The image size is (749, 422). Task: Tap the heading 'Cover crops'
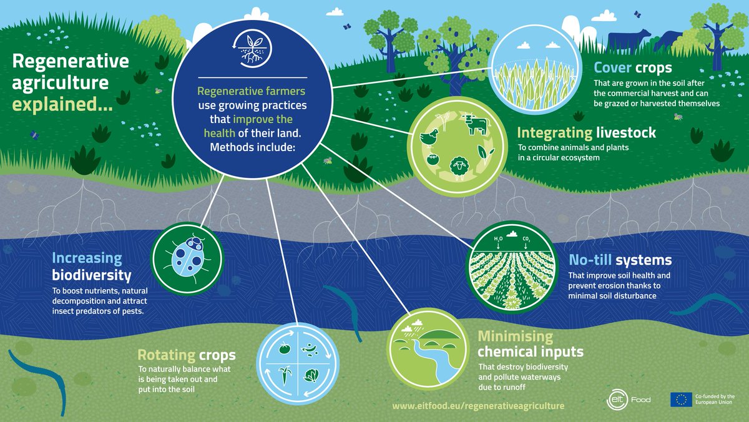632,67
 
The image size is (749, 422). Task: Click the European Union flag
681,400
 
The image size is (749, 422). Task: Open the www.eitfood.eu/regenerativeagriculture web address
478,406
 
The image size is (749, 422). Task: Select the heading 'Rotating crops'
187,355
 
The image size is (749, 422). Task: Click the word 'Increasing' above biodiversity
87,258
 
